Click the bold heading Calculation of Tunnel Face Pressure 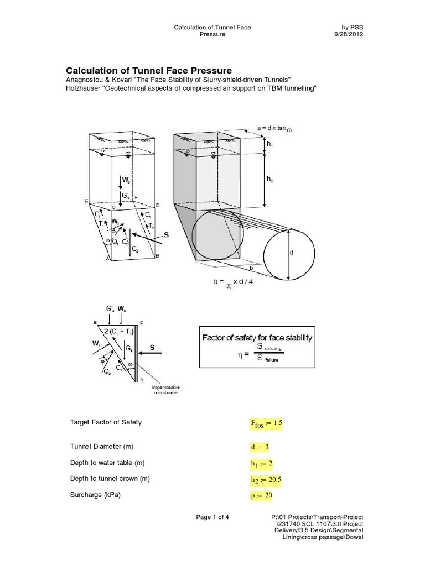click(x=149, y=70)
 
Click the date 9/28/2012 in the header click(x=347, y=34)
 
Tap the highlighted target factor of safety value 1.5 click(x=267, y=423)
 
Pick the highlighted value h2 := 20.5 click(x=266, y=480)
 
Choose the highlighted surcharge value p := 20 click(x=262, y=496)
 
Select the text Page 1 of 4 click(x=212, y=517)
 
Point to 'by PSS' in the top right click(x=353, y=26)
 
